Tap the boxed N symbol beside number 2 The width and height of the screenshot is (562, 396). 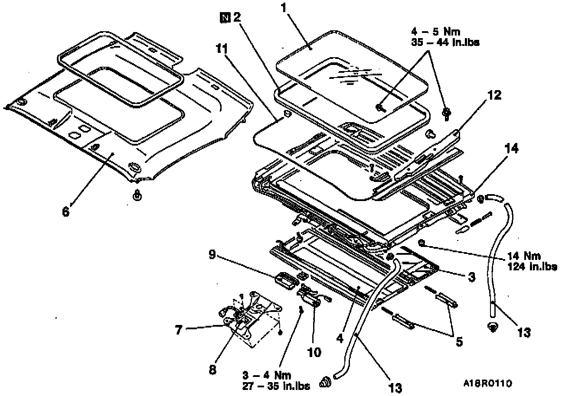[x=225, y=18]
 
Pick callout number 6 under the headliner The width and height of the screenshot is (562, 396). [x=66, y=212]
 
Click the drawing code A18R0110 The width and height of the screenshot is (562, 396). [x=488, y=383]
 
